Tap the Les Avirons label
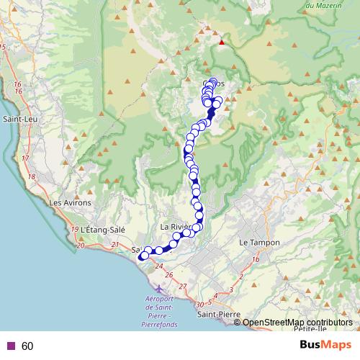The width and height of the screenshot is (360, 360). (70, 203)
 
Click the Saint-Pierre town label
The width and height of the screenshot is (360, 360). (219, 314)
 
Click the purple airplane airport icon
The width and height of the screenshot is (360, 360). (158, 289)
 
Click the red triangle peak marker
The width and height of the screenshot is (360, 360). (222, 42)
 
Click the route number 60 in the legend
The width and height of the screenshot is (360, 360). (27, 346)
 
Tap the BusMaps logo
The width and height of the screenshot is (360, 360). (325, 346)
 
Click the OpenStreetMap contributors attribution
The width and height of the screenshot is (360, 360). (297, 323)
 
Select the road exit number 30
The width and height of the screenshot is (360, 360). (199, 305)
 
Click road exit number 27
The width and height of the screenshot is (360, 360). (183, 287)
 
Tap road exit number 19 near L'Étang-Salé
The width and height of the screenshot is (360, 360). (76, 229)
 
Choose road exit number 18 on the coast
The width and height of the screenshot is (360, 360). (31, 176)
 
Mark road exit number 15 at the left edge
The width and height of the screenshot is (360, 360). (3, 47)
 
